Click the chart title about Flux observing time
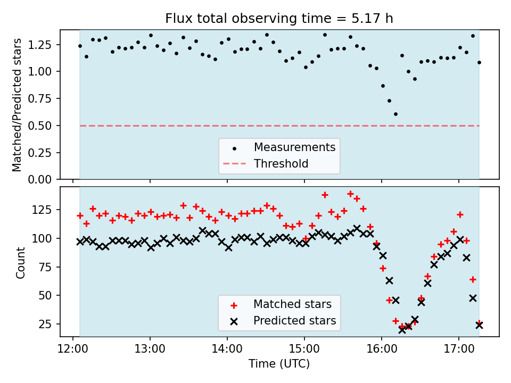point(279,19)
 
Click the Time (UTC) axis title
point(279,364)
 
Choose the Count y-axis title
point(21,262)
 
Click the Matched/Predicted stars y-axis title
point(18,105)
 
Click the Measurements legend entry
point(294,147)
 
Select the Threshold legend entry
point(281,164)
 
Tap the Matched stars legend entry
point(292,304)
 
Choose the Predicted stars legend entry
point(294,321)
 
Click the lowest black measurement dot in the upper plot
point(395,114)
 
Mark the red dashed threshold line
point(160,126)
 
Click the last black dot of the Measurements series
point(479,62)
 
